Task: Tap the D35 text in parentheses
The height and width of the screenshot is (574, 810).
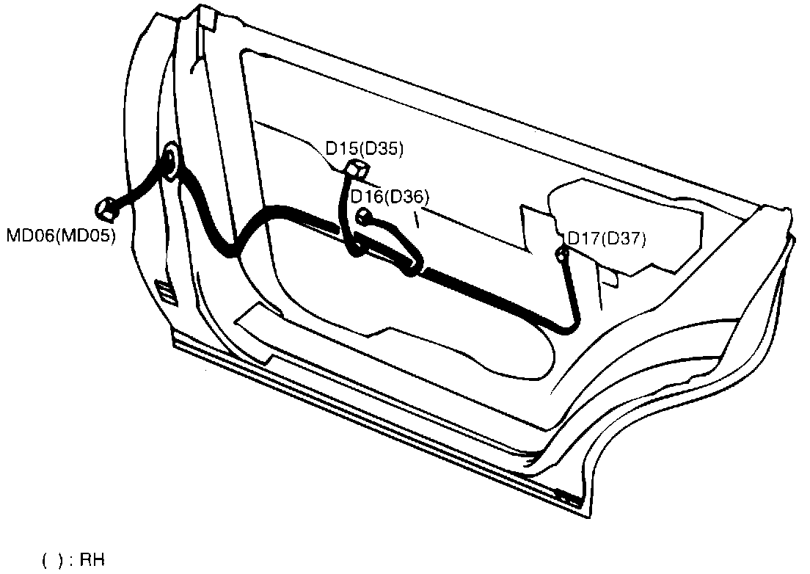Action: (x=384, y=149)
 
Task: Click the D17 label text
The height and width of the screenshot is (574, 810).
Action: (x=583, y=239)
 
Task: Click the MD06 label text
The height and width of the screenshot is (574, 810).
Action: (x=30, y=237)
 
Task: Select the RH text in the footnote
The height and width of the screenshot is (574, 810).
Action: (x=92, y=562)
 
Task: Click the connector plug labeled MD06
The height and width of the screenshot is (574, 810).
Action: (x=109, y=208)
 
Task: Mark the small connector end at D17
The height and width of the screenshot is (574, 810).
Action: (x=561, y=254)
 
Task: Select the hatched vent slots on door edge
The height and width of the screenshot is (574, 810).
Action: (x=167, y=291)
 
